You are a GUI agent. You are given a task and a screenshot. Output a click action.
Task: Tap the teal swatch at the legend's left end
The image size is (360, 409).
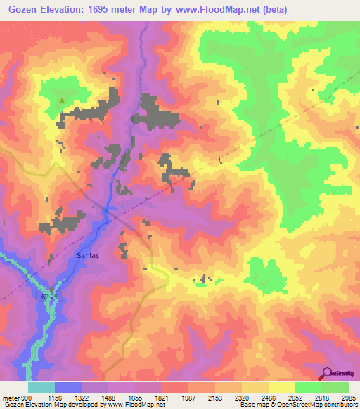tap(41, 387)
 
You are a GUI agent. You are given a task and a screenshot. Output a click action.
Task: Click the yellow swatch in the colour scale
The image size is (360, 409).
tap(282, 387)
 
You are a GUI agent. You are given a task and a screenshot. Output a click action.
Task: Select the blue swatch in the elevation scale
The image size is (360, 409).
tap(68, 387)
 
